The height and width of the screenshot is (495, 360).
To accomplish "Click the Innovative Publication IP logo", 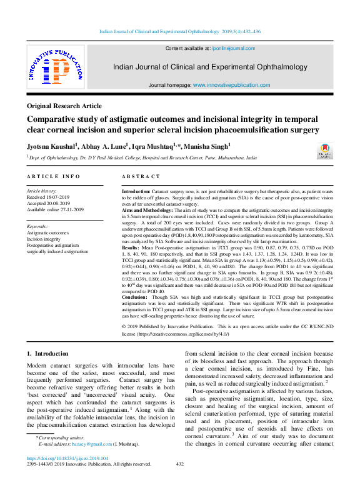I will (55, 69).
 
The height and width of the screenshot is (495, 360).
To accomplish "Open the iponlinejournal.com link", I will (234, 48).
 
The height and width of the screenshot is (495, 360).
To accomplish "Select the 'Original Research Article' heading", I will (65, 106).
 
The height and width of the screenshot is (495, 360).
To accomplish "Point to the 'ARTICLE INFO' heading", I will (53, 177).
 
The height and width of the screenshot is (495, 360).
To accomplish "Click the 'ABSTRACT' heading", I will (141, 177).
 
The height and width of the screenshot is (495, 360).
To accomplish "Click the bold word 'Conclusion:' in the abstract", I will (136, 297).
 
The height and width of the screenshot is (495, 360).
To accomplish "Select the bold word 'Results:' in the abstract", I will (131, 248).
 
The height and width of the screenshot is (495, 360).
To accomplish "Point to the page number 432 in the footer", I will (179, 464).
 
